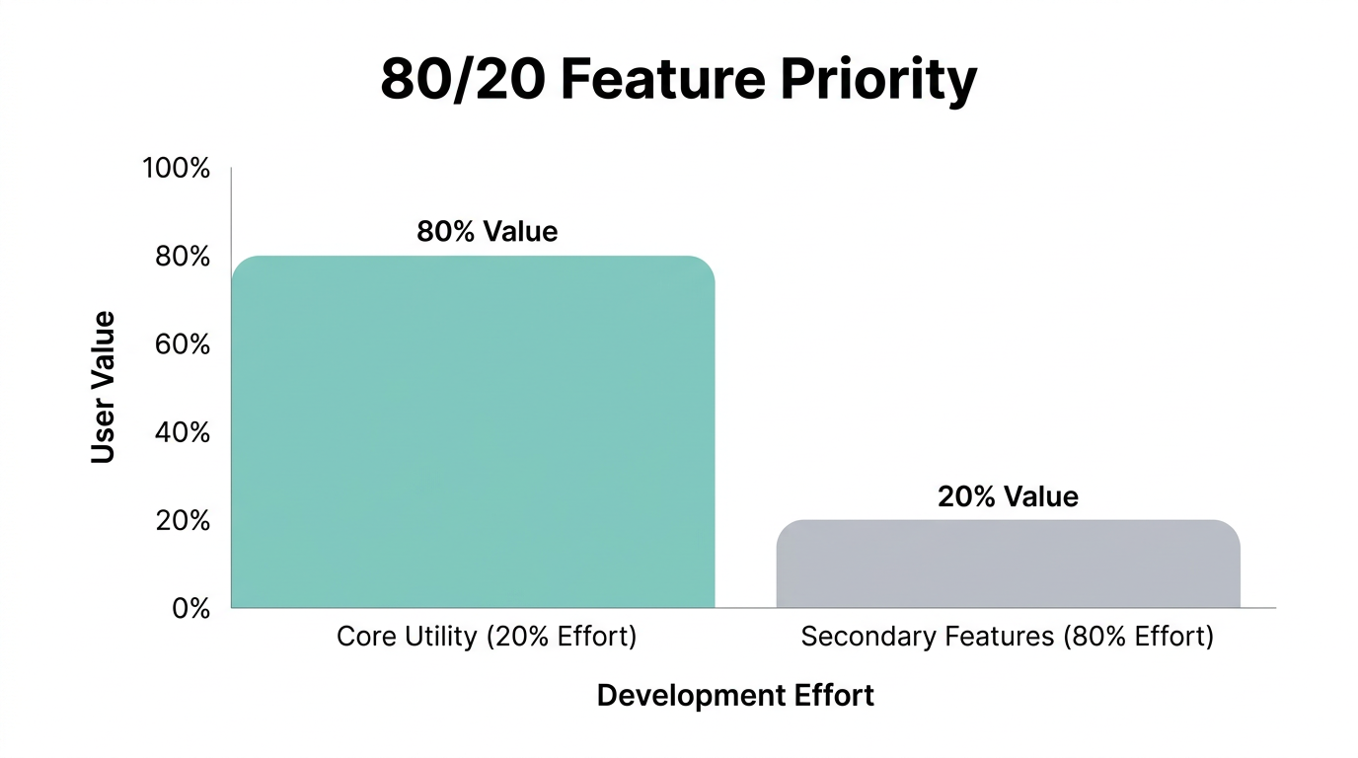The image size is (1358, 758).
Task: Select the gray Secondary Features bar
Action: click(1008, 564)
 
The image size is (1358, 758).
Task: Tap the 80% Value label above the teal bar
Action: click(487, 232)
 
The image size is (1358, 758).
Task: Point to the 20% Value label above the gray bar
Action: click(1008, 496)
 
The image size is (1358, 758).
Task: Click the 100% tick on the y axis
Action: click(177, 169)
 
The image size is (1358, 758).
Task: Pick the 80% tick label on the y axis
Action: click(183, 257)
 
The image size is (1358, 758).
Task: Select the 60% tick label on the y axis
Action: click(183, 344)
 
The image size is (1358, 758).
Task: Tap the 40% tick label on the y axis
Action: click(183, 432)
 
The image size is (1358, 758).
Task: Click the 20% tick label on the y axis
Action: click(183, 520)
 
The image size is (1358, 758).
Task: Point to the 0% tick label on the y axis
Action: click(191, 608)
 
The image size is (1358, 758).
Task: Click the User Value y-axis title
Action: click(104, 387)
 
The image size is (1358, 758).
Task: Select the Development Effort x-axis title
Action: click(735, 696)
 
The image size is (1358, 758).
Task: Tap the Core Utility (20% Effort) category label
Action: click(487, 637)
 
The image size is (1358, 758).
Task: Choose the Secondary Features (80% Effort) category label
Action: click(1008, 637)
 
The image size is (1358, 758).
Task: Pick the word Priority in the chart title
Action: click(878, 81)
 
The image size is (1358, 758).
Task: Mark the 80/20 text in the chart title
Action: click(462, 81)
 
